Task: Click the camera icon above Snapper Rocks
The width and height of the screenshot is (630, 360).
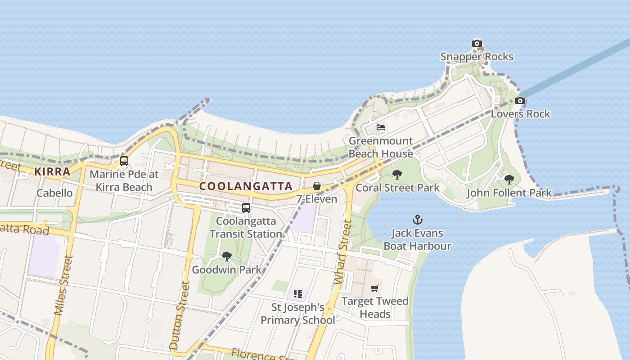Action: (477, 44)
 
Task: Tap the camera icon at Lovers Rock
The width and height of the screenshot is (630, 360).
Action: (520, 100)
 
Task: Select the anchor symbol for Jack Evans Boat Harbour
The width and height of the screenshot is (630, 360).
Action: (418, 220)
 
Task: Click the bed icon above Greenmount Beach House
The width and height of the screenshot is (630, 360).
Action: (381, 127)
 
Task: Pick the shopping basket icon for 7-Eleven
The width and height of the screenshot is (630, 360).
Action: (317, 186)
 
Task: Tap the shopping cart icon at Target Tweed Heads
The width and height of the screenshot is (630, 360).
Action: (375, 288)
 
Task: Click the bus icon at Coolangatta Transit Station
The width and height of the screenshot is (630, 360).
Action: (246, 208)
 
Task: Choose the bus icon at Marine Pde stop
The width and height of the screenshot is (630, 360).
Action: (124, 161)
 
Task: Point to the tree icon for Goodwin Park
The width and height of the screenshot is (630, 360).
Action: (227, 256)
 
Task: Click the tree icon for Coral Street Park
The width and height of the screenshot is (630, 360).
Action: (397, 175)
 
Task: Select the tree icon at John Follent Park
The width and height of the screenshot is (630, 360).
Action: (509, 180)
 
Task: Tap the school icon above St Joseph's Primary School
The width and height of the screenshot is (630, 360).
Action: (297, 294)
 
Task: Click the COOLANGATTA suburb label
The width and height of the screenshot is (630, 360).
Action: (246, 186)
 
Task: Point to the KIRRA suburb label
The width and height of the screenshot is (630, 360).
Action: (53, 171)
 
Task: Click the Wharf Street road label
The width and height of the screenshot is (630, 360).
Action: (342, 252)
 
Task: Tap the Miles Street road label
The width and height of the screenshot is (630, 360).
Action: (63, 285)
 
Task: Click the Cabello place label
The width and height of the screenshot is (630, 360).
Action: (54, 193)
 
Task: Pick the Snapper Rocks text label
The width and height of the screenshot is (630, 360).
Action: (477, 57)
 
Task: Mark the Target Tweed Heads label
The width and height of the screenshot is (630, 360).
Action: (375, 307)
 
